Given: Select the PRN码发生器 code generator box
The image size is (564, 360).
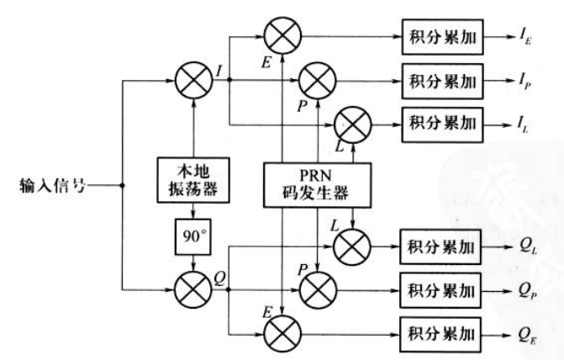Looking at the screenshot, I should tap(317, 183).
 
